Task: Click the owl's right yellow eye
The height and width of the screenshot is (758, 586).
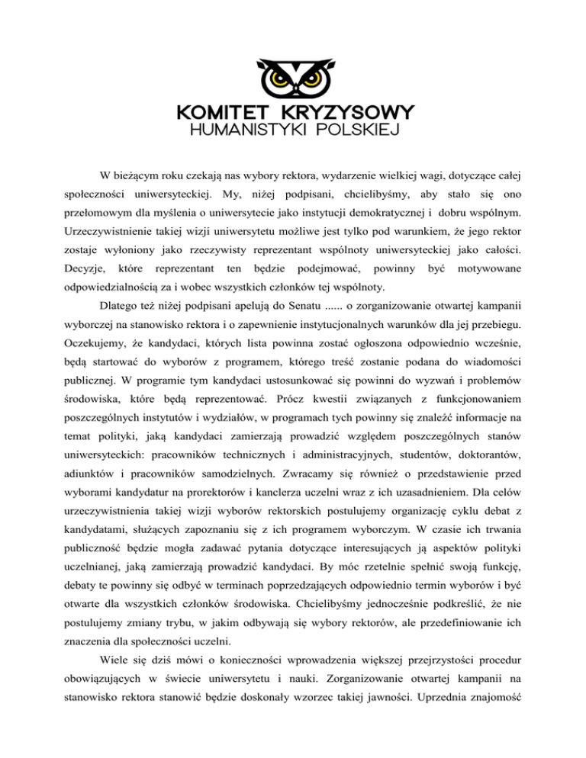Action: (313, 78)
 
